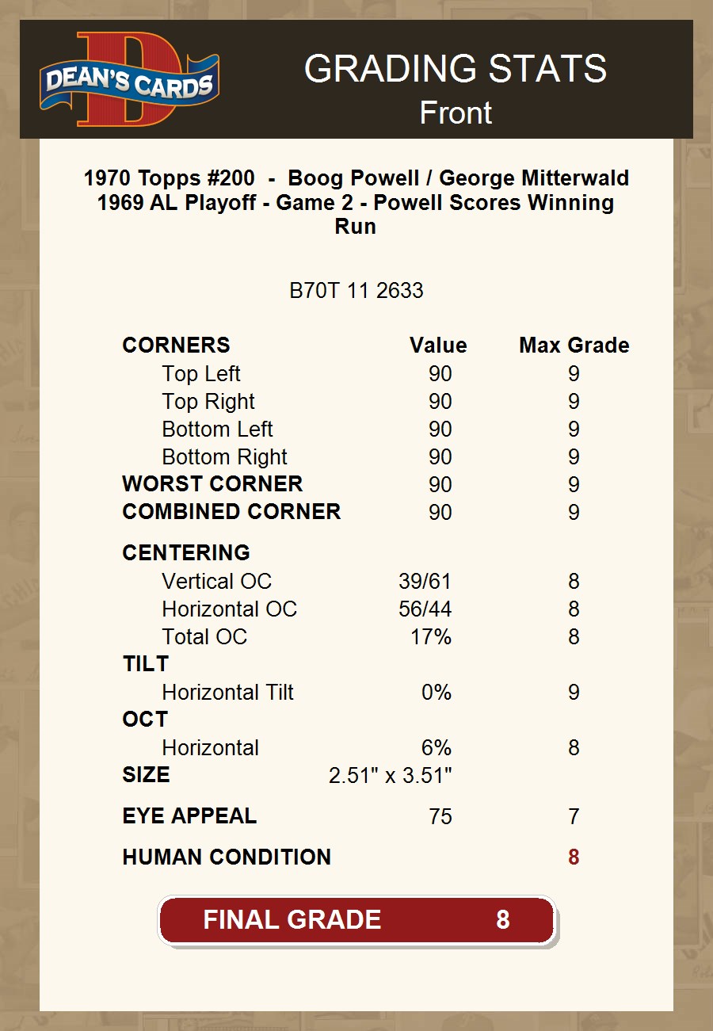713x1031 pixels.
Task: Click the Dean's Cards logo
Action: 129,79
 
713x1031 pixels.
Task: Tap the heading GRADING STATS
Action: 456,70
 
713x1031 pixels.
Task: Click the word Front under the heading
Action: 456,113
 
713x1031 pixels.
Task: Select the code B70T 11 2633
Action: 356,291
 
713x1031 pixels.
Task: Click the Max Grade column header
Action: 574,346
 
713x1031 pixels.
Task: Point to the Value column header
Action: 438,346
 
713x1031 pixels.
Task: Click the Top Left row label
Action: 201,374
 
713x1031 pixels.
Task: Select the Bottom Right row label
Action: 224,457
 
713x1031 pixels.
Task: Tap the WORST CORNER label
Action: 212,484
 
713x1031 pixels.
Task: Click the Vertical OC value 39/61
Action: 425,582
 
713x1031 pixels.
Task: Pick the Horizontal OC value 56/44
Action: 425,609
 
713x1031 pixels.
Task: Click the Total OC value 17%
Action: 430,637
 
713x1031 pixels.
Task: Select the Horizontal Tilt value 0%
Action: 436,693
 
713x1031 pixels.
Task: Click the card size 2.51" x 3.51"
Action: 390,776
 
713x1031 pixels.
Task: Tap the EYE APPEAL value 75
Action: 440,817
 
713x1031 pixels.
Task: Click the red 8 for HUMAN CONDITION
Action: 574,857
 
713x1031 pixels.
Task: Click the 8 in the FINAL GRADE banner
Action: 502,920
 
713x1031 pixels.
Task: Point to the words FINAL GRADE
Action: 292,920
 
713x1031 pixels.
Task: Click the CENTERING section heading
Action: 186,553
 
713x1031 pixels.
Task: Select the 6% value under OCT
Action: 436,748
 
